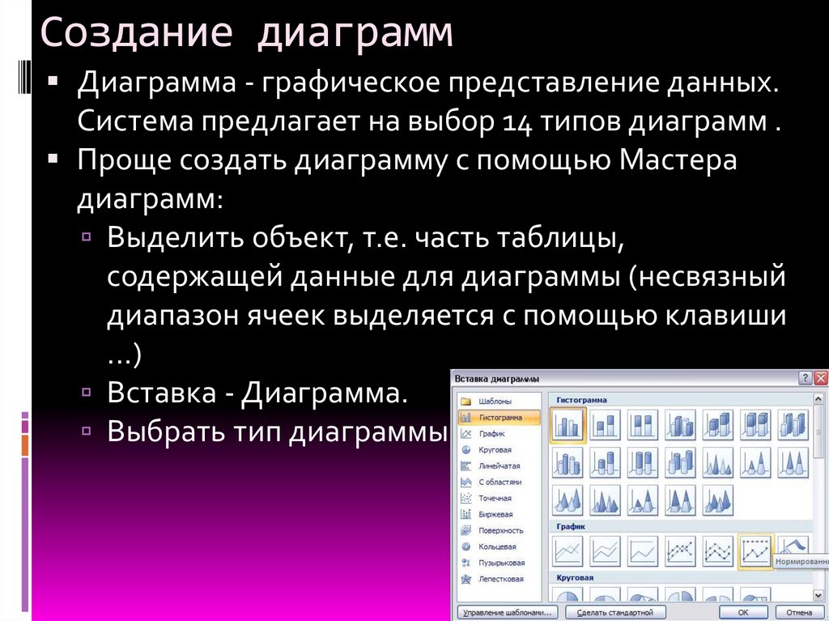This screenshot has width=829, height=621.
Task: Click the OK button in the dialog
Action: tap(742, 612)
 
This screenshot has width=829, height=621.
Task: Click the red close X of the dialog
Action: tap(821, 378)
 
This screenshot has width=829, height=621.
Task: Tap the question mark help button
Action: tap(805, 378)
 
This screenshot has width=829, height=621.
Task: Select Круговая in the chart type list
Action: tap(494, 449)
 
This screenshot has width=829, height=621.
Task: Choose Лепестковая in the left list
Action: tap(500, 579)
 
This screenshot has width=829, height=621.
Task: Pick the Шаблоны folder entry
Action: tap(494, 402)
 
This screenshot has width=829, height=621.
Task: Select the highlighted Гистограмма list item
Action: tap(500, 417)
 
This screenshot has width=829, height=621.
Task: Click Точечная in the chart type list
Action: tap(495, 498)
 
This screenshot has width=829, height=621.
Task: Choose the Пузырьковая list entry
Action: tap(501, 563)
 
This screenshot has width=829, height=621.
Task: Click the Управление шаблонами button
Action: tap(507, 612)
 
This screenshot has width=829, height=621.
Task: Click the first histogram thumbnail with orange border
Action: tap(568, 424)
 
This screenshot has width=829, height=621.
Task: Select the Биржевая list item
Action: tap(495, 514)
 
